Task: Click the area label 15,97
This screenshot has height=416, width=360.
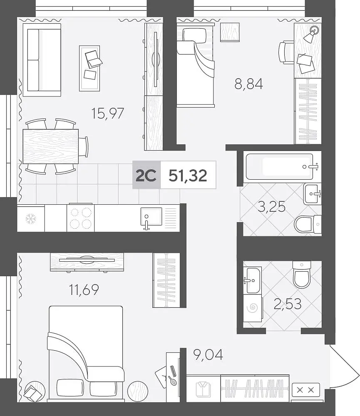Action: click(107, 113)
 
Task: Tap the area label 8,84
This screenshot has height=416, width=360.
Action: click(248, 84)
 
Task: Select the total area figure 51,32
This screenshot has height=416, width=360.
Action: click(188, 176)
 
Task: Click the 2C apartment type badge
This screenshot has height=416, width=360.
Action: click(146, 175)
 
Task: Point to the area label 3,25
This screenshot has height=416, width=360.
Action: click(272, 207)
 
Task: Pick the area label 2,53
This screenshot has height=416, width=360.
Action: click(288, 304)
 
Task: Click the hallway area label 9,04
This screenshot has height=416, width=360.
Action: click(208, 354)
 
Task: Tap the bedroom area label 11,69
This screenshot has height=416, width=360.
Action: click(84, 290)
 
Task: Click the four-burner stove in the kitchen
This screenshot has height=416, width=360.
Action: click(81, 218)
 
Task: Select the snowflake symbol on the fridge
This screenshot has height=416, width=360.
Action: click(31, 219)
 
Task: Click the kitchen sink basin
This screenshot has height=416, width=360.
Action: click(151, 216)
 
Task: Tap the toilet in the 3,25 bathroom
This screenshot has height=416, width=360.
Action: click(308, 225)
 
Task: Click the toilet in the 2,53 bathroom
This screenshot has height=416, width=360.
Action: click(302, 275)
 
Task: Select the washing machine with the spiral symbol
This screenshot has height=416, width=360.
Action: click(253, 307)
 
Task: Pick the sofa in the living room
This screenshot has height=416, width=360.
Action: click(42, 60)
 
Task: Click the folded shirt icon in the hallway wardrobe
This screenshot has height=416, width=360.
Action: click(203, 389)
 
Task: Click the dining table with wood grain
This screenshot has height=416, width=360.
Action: click(51, 146)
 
